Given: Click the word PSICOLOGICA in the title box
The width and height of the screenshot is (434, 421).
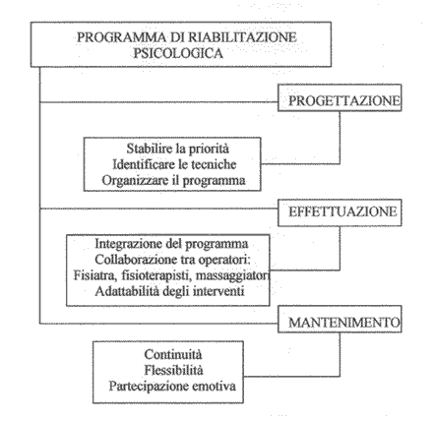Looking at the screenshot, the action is point(178,53).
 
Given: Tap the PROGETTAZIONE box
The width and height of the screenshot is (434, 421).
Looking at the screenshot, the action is point(340,97).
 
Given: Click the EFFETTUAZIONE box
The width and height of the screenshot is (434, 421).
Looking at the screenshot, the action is point(340,212).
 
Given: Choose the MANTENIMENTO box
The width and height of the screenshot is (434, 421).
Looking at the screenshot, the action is point(340,320).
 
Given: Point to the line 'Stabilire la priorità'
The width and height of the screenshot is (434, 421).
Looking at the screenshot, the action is point(178,149).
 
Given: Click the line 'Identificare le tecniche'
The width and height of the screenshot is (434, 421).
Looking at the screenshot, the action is point(174,164).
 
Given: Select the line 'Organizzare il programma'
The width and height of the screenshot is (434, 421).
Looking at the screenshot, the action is point(173,181).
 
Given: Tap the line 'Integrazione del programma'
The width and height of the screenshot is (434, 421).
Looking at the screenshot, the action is point(171,244).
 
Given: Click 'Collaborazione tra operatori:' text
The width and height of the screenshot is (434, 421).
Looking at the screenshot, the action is point(173,260).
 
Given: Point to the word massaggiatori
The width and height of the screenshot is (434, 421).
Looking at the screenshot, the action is point(232,276).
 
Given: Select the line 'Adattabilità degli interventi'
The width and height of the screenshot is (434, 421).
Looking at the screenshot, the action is point(170,291).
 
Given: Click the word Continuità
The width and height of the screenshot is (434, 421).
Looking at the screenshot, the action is point(173,354).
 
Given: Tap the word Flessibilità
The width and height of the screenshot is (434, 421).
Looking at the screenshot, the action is point(173,370).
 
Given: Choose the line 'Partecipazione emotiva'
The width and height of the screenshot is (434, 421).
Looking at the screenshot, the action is point(172,387).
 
